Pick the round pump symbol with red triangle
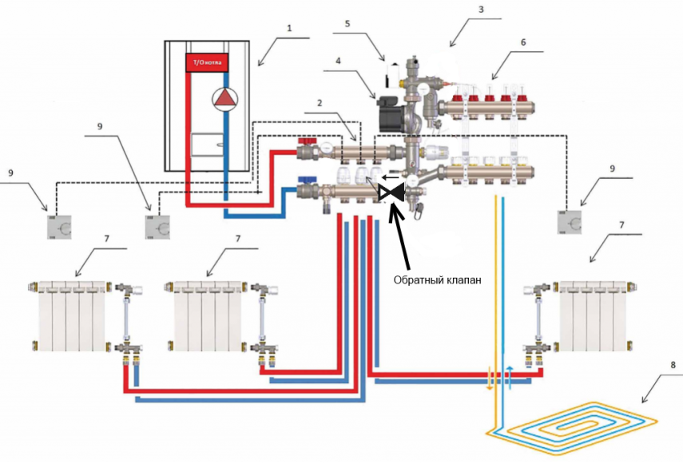[226, 98]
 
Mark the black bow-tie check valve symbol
[391, 192]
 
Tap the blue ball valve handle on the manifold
[304, 181]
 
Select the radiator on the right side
[595, 315]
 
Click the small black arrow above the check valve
[387, 178]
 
